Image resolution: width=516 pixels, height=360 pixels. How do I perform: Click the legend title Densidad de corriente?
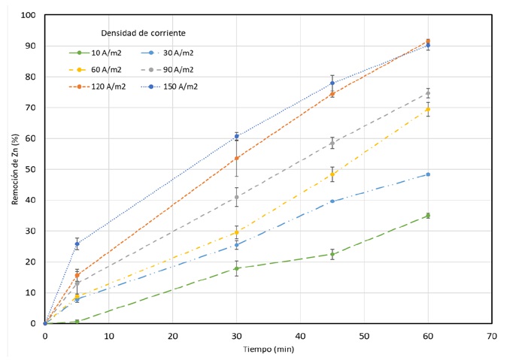point(143,33)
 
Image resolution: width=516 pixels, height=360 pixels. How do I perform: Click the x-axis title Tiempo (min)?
point(268,349)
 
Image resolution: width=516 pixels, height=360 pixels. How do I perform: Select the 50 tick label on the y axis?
point(30,169)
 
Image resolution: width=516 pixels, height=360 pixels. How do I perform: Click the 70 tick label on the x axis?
point(492,334)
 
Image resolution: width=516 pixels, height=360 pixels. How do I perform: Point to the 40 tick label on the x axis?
point(300,334)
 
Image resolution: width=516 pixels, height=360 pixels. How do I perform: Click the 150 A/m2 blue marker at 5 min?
point(77,244)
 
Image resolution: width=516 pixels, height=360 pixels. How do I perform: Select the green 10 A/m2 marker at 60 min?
point(428,216)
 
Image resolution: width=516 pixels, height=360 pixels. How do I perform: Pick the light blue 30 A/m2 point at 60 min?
point(428,174)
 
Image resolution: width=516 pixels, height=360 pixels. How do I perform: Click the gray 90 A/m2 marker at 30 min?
point(236,197)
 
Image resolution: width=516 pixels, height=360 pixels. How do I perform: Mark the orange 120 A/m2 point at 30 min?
point(236,158)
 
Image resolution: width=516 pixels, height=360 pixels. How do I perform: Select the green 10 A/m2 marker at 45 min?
point(332,254)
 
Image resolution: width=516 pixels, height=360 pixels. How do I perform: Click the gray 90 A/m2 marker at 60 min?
point(428,93)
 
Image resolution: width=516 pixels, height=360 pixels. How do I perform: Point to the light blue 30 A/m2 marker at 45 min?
point(332,201)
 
